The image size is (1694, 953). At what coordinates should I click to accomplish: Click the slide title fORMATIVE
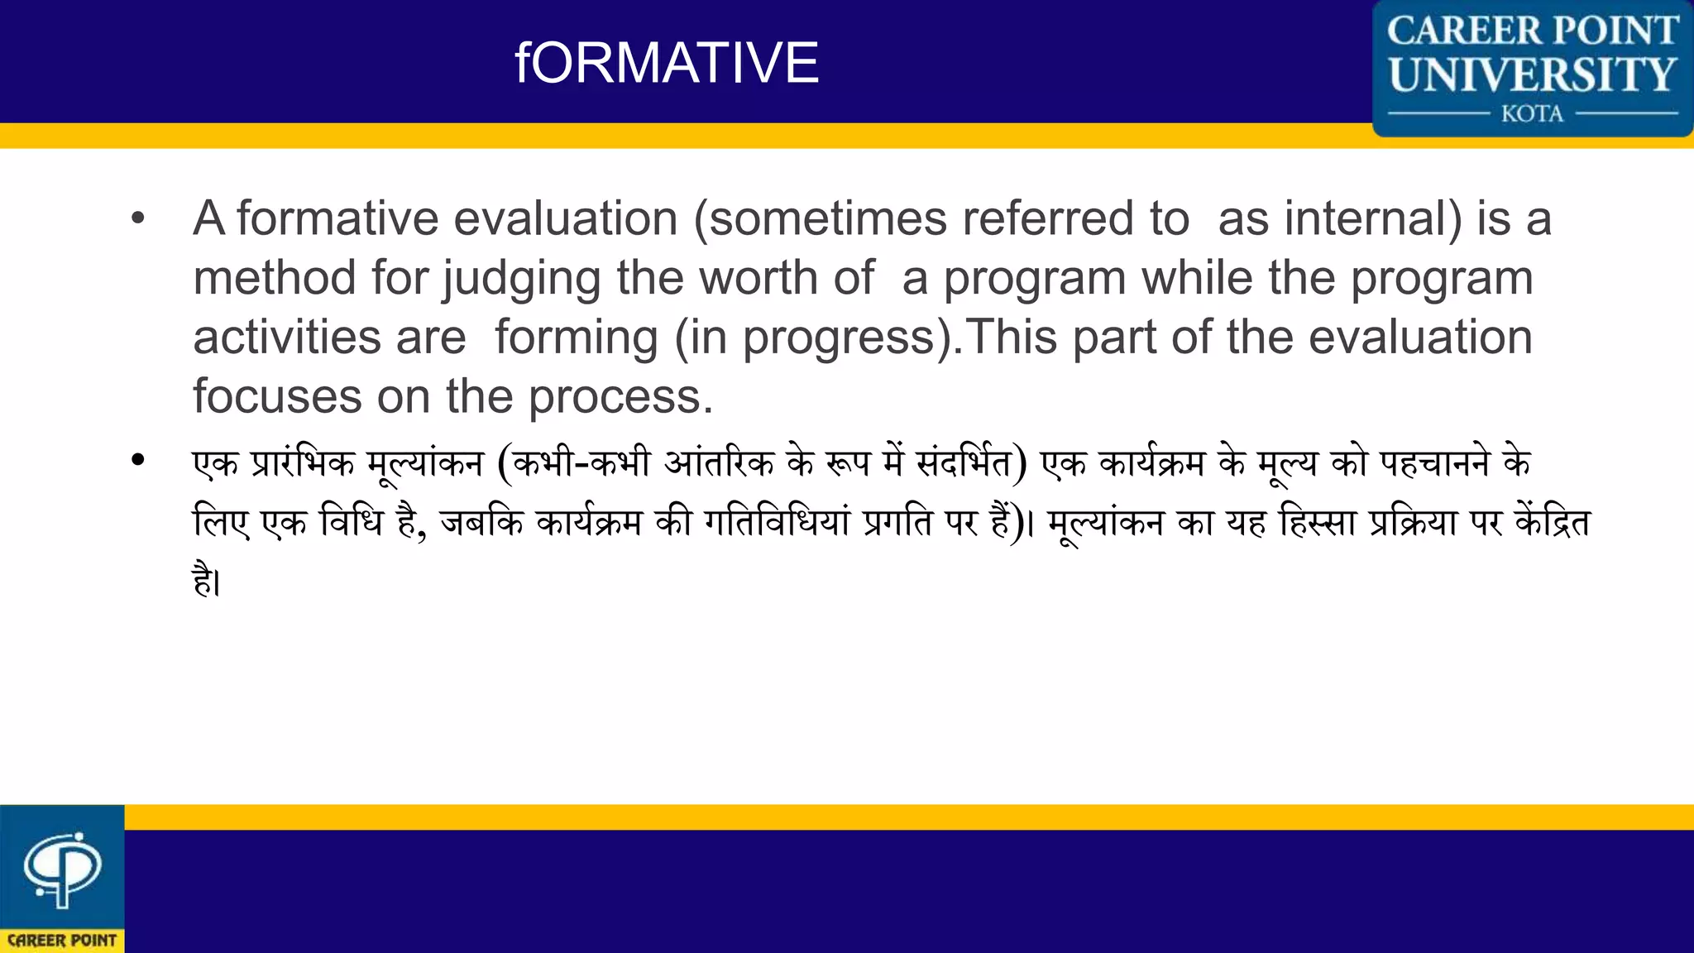coord(667,63)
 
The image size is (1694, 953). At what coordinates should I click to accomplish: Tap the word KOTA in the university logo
coord(1532,113)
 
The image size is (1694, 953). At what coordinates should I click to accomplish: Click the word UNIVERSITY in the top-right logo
coord(1532,74)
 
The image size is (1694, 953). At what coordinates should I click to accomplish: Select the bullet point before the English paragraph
coord(138,219)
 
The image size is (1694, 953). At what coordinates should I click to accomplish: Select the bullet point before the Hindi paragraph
coord(138,460)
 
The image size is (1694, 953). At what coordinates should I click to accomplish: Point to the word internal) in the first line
coord(1373,219)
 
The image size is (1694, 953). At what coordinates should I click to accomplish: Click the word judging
coord(522,279)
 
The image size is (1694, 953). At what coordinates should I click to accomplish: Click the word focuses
coord(277,397)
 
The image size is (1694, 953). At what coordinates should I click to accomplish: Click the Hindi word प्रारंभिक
coord(302,463)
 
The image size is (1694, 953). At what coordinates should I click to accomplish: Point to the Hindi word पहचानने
coord(1435,463)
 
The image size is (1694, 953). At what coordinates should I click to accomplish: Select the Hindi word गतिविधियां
coord(777,523)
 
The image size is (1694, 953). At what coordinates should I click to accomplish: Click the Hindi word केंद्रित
coord(1552,523)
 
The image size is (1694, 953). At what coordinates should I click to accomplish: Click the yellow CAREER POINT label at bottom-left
coord(62,941)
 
